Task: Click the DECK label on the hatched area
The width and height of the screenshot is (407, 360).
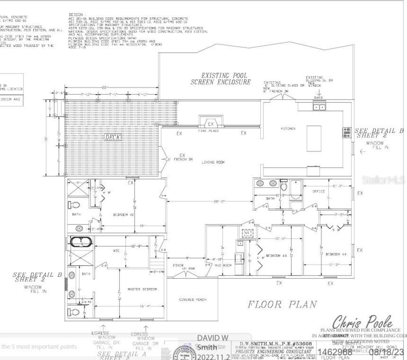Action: click(113, 137)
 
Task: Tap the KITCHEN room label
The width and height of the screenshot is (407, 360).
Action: click(288, 129)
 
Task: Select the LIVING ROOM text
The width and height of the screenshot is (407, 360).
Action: click(213, 162)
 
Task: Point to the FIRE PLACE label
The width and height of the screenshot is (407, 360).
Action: click(209, 131)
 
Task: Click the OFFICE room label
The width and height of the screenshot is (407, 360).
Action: click(319, 192)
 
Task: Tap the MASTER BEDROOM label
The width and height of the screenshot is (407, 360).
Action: click(142, 289)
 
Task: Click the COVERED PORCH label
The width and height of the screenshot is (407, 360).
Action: click(193, 300)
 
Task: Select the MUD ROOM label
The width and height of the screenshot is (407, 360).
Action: click(223, 265)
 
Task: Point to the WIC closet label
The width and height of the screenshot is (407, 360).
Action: click(116, 251)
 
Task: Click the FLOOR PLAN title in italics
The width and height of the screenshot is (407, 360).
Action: click(282, 304)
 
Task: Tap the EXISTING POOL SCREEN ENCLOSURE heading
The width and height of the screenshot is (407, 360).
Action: click(221, 79)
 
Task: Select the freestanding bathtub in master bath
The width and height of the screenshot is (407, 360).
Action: click(81, 243)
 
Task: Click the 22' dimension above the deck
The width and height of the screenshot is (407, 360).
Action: click(104, 87)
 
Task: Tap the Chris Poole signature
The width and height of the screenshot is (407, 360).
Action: click(362, 322)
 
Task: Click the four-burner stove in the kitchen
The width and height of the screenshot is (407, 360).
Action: click(347, 133)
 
